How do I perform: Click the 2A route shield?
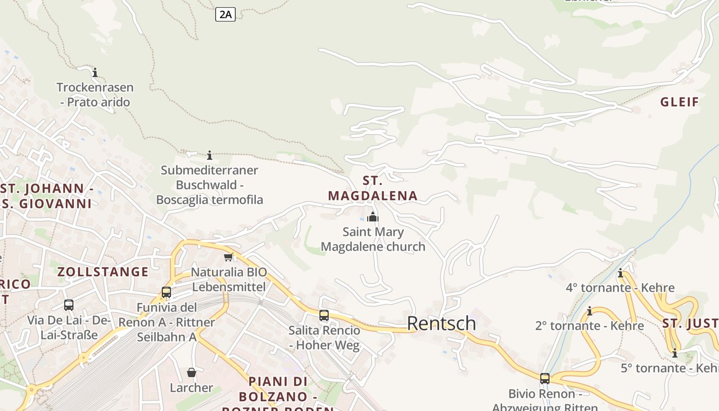225,14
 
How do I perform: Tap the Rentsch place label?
441,323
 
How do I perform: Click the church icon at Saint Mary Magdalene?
373,217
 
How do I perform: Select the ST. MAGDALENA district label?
373,188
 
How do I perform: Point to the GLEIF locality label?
680,102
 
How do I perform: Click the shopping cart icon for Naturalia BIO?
229,257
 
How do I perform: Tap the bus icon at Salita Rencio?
324,315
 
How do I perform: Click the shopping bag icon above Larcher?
192,372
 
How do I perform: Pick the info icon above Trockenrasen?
95,72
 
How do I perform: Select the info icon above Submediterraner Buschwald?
210,155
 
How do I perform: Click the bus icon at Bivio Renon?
545,379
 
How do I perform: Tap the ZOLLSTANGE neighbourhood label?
103,272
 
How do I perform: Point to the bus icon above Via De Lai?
69,305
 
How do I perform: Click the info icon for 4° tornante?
620,273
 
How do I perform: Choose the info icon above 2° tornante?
590,311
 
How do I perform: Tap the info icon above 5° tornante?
675,353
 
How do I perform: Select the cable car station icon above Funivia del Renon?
166,292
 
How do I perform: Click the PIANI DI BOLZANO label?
278,389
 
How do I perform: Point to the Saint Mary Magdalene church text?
373,239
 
